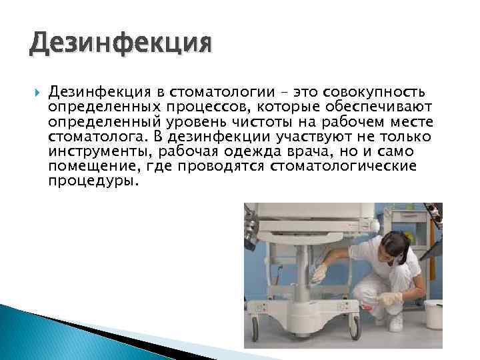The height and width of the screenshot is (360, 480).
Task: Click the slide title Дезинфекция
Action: (120, 45)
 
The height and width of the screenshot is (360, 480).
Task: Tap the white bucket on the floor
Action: (433, 313)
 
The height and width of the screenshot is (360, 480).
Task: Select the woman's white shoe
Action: (396, 323)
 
